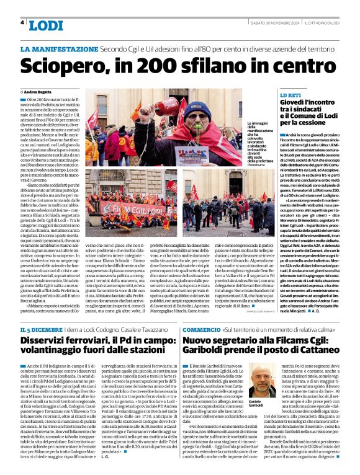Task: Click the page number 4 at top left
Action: click(22, 22)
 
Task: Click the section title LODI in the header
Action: click(46, 25)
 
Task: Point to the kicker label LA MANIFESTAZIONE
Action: click(59, 48)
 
